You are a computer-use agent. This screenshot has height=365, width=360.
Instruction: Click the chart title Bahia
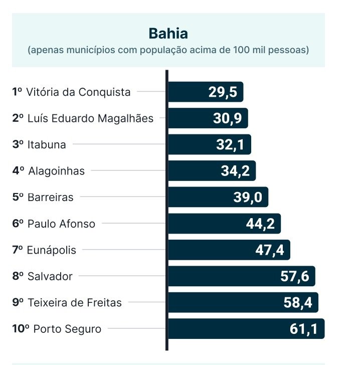coord(168,34)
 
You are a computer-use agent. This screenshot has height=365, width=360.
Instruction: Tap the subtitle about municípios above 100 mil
coord(168,50)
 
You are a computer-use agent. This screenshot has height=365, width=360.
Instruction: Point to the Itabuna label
coord(47,145)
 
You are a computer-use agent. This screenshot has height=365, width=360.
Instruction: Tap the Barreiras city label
coord(50,197)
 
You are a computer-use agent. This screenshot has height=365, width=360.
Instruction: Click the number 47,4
coord(270,250)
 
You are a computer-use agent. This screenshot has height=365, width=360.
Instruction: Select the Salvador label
coord(50,276)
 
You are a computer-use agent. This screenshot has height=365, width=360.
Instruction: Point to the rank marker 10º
coord(21,329)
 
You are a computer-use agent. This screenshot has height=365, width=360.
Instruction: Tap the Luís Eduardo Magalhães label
coord(90,119)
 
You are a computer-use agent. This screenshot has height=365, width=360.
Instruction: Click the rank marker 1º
coord(18,92)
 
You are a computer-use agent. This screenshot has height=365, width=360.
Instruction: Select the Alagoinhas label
coord(56,171)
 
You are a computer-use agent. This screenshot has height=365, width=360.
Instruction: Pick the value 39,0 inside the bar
coord(248,197)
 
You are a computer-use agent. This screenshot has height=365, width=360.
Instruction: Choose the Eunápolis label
coord(52,250)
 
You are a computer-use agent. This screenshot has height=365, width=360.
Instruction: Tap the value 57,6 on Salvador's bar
coord(295,276)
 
